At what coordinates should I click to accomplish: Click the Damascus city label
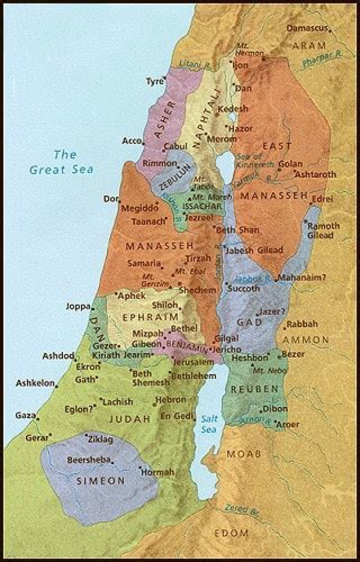[306, 28]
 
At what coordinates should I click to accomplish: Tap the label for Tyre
[154, 80]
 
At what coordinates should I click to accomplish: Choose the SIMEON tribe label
[100, 481]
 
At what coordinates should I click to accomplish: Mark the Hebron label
[170, 400]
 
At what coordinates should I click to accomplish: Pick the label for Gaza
[25, 415]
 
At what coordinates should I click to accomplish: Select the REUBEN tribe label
[253, 389]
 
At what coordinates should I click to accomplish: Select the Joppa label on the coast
[77, 306]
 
